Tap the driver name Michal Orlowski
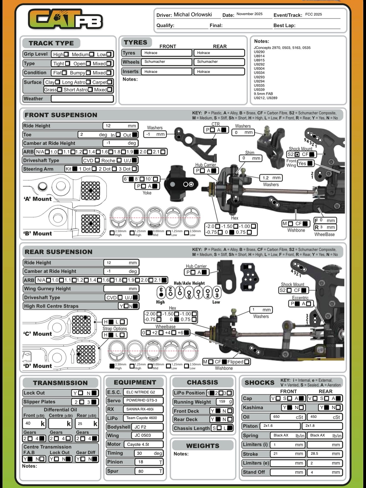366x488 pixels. (x=193, y=15)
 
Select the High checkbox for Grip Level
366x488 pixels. (x=66, y=54)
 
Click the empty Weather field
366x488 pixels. (x=82, y=99)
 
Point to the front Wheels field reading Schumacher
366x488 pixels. (x=166, y=62)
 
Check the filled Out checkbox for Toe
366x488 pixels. (x=135, y=135)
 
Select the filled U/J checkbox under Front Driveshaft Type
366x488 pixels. (x=134, y=160)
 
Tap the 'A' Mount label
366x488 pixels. (x=38, y=199)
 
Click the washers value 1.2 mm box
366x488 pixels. (x=271, y=178)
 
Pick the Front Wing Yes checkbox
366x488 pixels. (x=310, y=163)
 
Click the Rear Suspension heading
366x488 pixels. (x=59, y=252)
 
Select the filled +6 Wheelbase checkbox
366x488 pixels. (x=187, y=332)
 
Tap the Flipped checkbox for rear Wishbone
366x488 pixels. (x=247, y=362)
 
